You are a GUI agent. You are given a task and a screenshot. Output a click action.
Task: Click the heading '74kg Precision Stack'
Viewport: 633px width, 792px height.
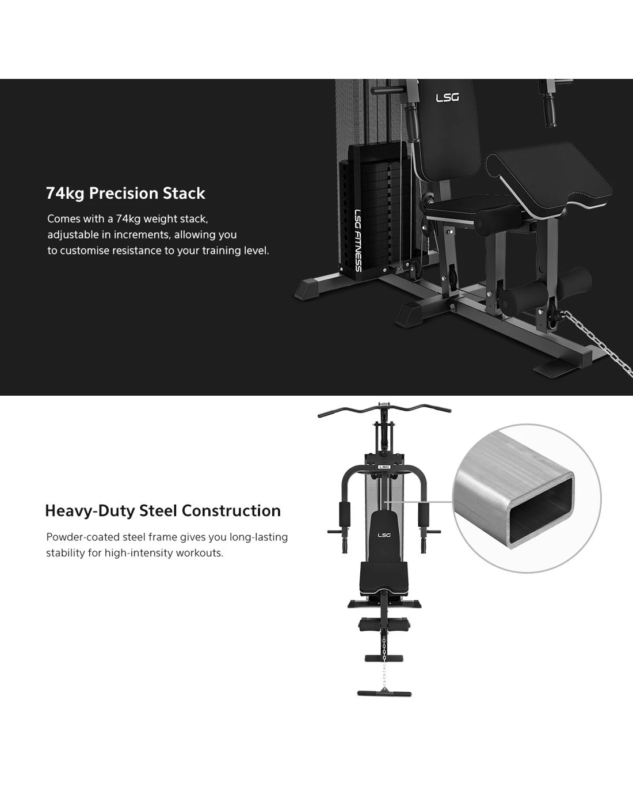point(125,194)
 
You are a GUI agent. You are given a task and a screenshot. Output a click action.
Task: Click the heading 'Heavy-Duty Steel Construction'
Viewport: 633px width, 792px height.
point(163,511)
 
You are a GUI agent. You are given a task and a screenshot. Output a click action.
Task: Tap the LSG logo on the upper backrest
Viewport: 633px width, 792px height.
point(447,97)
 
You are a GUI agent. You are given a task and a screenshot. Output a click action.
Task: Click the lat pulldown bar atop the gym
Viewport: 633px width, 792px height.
point(384,410)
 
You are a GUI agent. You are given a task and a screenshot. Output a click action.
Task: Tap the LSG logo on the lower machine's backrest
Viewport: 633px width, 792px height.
point(384,535)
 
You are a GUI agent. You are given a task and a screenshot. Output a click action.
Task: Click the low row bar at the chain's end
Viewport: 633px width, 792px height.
point(384,694)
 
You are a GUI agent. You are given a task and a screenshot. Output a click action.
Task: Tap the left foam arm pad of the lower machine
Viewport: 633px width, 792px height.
point(345,514)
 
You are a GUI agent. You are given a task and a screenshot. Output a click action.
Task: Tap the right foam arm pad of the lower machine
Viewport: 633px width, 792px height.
point(424,514)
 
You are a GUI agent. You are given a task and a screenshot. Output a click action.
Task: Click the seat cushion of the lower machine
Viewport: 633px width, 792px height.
point(384,579)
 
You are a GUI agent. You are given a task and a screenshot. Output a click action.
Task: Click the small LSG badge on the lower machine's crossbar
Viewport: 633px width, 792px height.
point(384,467)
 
